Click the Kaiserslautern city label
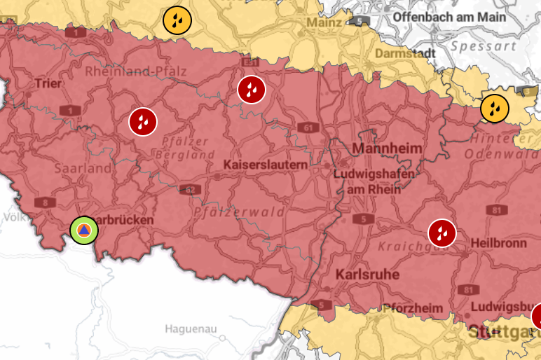[x=266, y=164]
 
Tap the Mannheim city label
[x=388, y=148]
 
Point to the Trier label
[x=48, y=84]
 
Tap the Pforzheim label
[x=412, y=308]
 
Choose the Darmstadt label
[x=402, y=53]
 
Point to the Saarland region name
[x=83, y=169]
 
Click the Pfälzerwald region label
[x=240, y=212]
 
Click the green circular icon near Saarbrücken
[x=84, y=230]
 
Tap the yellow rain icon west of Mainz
[x=177, y=21]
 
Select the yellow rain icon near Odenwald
[x=495, y=109]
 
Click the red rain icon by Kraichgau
[x=442, y=232]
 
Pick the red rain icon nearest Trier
[x=143, y=122]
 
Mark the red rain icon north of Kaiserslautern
[x=251, y=89]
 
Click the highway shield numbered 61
[x=308, y=127]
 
